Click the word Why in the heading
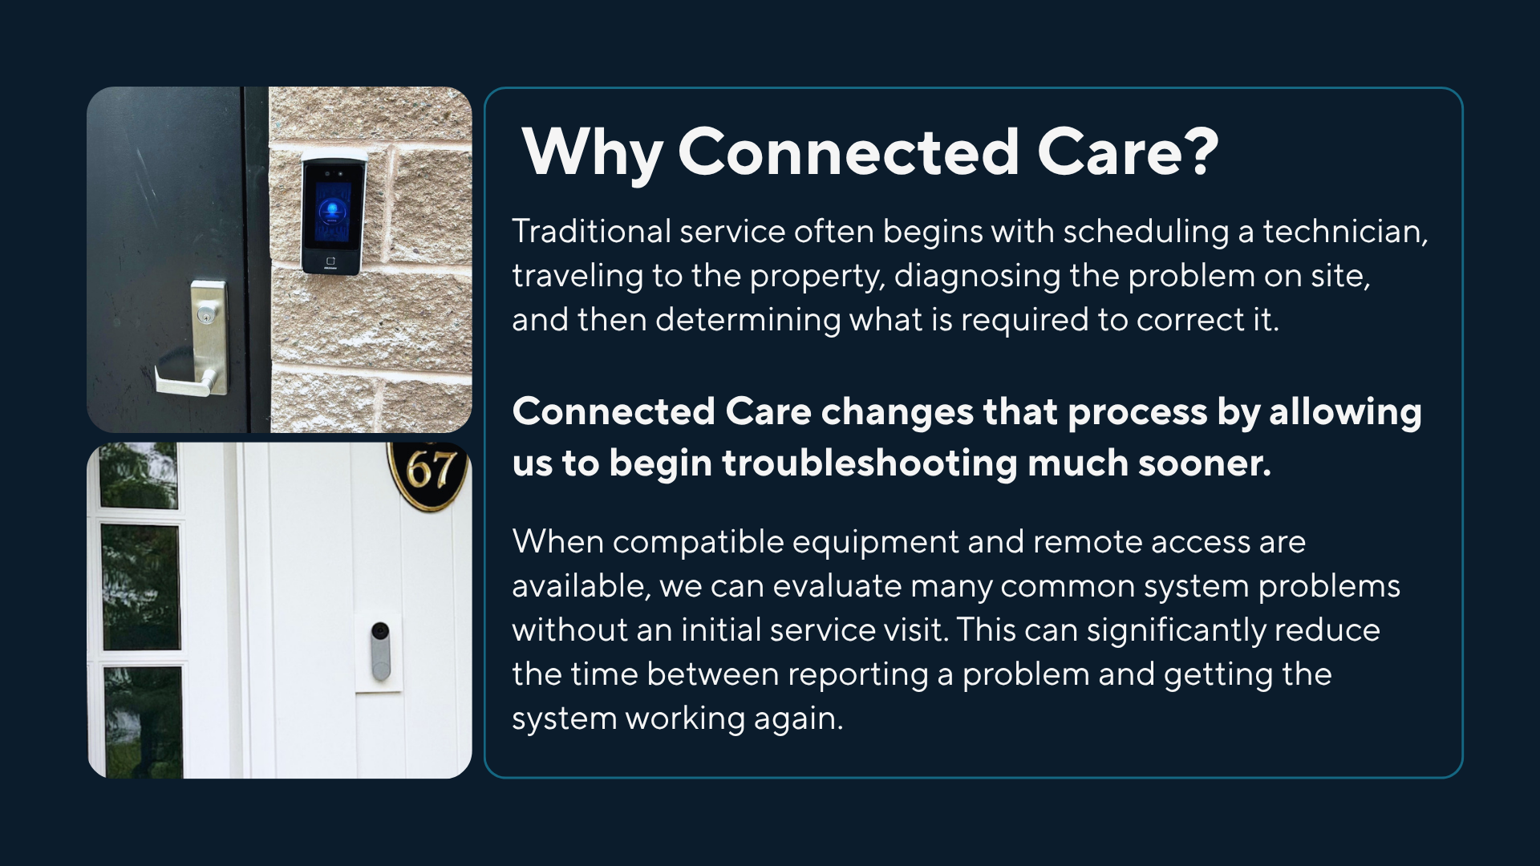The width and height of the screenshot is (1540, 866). tap(592, 152)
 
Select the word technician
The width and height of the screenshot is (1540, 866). tap(1345, 233)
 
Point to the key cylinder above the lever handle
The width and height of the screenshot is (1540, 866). tap(207, 315)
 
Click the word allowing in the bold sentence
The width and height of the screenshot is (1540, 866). tap(1345, 412)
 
